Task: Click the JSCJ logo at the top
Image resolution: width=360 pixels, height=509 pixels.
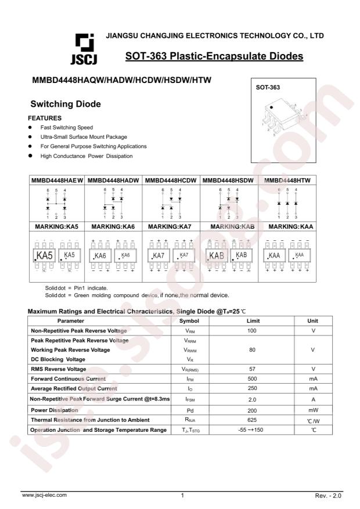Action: click(x=84, y=49)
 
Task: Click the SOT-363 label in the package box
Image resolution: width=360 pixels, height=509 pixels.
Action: click(x=268, y=88)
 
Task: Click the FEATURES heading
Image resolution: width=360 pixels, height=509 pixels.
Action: click(x=45, y=118)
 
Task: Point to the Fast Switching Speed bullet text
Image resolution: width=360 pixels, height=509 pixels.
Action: click(x=66, y=127)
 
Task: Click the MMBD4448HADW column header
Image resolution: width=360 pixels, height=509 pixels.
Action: click(x=113, y=181)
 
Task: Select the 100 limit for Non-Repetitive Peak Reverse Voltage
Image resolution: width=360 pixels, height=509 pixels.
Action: click(x=253, y=330)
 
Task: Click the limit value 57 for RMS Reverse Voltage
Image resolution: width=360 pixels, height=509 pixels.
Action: click(x=253, y=369)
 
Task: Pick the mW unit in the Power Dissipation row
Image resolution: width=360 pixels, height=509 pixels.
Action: click(x=313, y=410)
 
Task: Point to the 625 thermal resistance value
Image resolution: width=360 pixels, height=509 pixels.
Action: click(x=253, y=420)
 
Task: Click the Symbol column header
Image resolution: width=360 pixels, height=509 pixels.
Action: click(x=189, y=320)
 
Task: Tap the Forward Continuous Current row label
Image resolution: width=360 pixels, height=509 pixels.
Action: click(x=69, y=378)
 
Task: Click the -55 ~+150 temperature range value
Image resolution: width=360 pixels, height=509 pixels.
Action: click(x=253, y=429)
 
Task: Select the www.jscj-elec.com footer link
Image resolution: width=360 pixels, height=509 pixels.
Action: click(x=44, y=495)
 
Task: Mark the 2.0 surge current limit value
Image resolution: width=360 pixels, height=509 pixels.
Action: click(x=253, y=399)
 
